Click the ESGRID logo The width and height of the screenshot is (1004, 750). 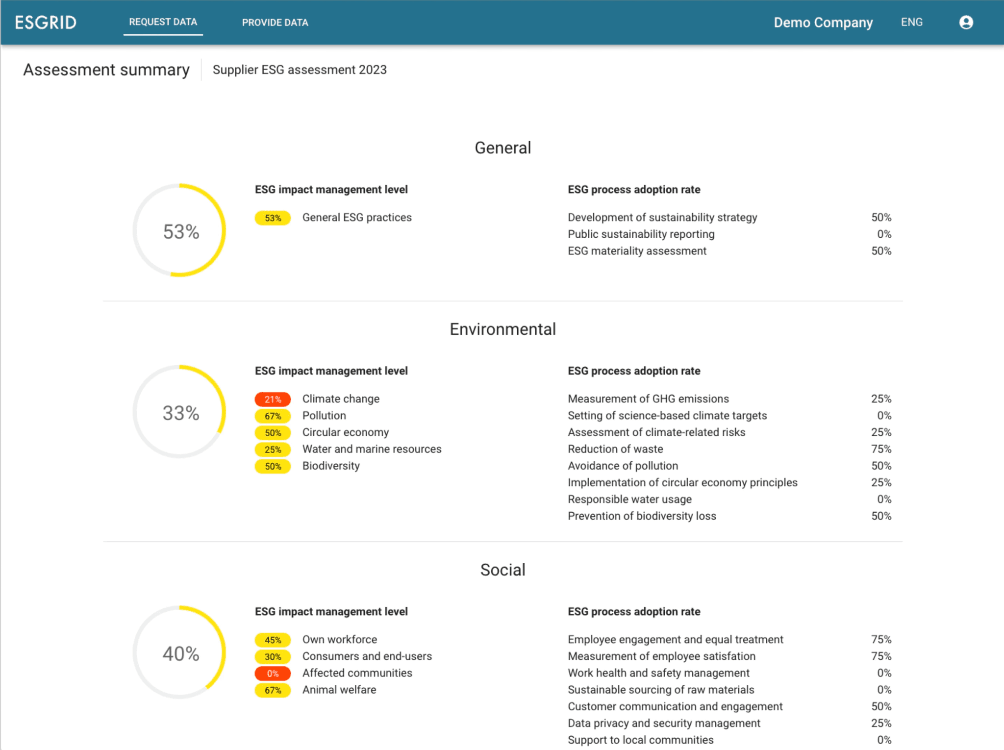[x=46, y=23]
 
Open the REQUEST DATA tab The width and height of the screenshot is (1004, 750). [x=163, y=22]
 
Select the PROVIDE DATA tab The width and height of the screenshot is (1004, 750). [x=275, y=23]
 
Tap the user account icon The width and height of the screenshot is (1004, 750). [x=965, y=23]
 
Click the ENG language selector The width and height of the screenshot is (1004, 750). [x=911, y=22]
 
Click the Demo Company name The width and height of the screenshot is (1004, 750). [x=823, y=23]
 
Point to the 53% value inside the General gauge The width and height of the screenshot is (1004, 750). [x=181, y=231]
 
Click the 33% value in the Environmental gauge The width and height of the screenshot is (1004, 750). [x=181, y=413]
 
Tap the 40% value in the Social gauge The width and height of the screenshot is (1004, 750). [x=181, y=653]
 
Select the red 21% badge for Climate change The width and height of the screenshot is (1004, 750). [x=273, y=399]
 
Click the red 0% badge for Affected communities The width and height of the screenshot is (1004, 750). [x=273, y=673]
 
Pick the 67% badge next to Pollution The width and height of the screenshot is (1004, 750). [x=273, y=416]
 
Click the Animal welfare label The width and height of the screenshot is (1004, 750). [x=339, y=690]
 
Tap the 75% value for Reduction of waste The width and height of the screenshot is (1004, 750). [x=880, y=449]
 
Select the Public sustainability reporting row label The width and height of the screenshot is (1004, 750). [x=641, y=234]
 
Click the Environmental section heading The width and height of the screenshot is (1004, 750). [x=502, y=329]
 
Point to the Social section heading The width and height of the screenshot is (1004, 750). [x=502, y=570]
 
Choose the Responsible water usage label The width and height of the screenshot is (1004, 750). [x=629, y=499]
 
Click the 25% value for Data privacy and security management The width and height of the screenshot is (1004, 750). [x=880, y=723]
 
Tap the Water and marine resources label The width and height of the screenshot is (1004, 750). [x=372, y=449]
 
